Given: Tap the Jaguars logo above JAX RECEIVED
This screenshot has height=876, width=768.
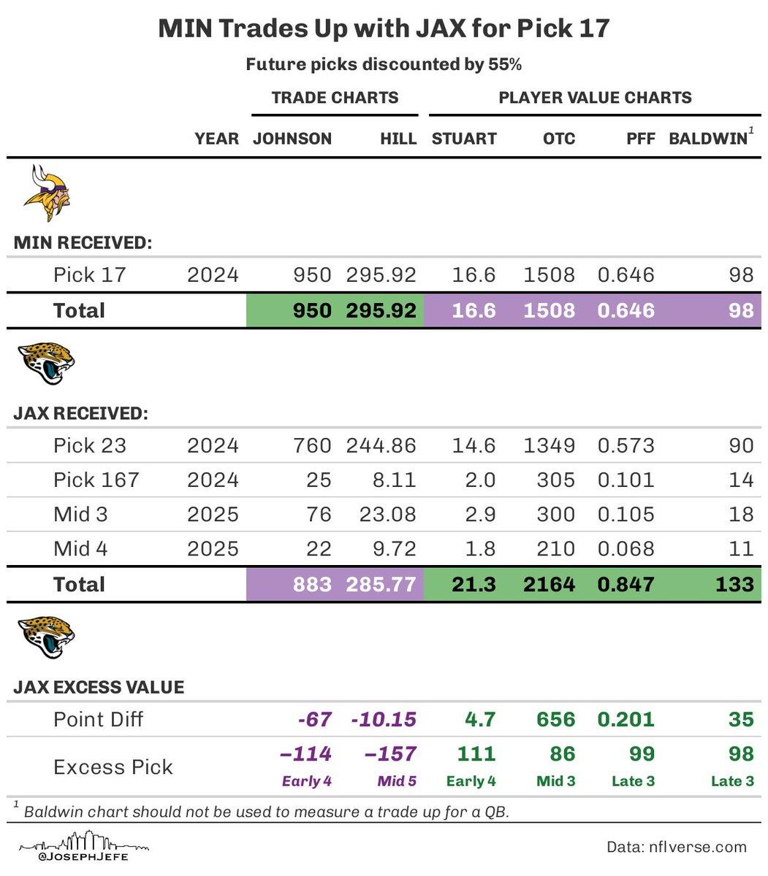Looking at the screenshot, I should pyautogui.click(x=46, y=364).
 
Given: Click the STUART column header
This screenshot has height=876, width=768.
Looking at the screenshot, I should pyautogui.click(x=464, y=139).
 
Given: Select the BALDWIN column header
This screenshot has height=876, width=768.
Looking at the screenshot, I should pyautogui.click(x=709, y=139).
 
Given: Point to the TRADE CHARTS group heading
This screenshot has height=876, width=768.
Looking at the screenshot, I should pyautogui.click(x=335, y=98).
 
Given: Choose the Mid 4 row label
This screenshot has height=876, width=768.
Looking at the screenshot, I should pyautogui.click(x=80, y=548).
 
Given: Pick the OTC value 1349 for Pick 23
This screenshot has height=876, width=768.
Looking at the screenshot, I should pyautogui.click(x=549, y=445).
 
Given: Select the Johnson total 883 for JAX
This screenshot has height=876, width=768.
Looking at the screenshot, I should pyautogui.click(x=311, y=584).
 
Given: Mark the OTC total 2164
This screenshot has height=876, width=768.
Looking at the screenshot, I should pyautogui.click(x=549, y=584).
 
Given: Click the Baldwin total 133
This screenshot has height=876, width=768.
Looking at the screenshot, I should pyautogui.click(x=734, y=584).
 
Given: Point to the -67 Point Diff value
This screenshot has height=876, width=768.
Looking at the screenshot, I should pyautogui.click(x=315, y=719).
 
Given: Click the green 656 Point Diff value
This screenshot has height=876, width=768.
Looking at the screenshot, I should pyautogui.click(x=555, y=719).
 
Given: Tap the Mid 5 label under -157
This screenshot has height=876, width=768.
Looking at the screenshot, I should pyautogui.click(x=397, y=781).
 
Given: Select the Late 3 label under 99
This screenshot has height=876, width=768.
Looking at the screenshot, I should pyautogui.click(x=633, y=781).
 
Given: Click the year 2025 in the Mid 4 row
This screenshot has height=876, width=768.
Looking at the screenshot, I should pyautogui.click(x=213, y=548).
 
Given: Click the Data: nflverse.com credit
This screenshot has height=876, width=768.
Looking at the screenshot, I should pyautogui.click(x=677, y=847).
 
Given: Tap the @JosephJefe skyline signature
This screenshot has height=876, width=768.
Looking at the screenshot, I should pyautogui.click(x=84, y=850).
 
